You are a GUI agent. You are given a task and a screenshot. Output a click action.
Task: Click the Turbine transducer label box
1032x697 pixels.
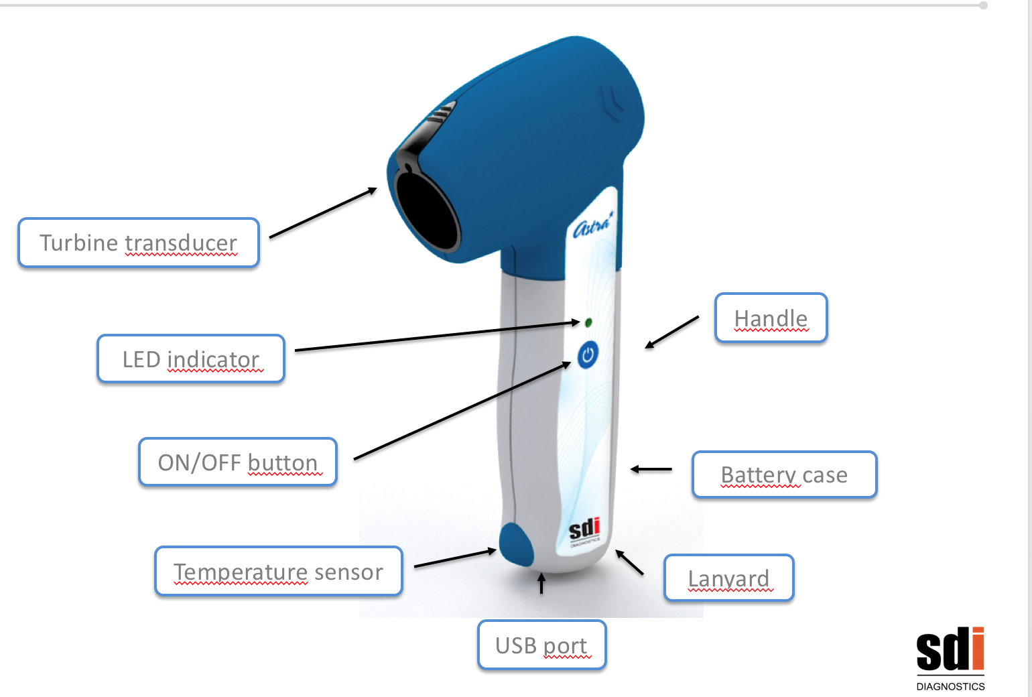pos(139,243)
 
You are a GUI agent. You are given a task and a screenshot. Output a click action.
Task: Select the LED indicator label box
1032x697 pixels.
pos(191,359)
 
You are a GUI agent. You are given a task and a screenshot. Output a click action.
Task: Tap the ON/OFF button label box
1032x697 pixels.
pos(238,462)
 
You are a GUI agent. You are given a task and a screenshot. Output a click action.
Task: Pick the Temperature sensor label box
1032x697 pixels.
pos(278,572)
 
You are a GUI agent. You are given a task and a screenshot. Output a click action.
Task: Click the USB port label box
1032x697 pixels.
pos(541,645)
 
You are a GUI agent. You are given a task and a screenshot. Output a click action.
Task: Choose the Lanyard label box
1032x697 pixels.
pos(728,578)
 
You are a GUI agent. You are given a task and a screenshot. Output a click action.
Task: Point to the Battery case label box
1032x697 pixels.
pos(784,474)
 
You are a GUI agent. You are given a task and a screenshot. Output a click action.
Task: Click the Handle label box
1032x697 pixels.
pos(771,318)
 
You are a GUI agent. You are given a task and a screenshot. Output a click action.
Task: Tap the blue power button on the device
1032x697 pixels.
pos(588,355)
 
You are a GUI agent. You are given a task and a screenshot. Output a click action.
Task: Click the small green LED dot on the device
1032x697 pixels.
pos(588,322)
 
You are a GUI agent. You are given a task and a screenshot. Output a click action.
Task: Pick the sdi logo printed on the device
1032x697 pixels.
pos(584,529)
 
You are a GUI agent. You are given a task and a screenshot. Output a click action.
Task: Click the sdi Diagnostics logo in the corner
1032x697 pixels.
pos(950,657)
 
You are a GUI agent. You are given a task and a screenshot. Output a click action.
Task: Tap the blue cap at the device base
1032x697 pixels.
pos(516,545)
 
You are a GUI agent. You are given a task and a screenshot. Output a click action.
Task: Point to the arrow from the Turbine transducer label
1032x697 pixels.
pos(323,212)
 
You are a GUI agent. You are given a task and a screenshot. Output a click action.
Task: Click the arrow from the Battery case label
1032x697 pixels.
pos(651,469)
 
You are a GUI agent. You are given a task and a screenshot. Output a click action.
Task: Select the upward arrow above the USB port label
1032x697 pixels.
pos(541,583)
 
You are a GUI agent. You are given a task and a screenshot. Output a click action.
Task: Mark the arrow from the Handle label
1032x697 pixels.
pos(671,332)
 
